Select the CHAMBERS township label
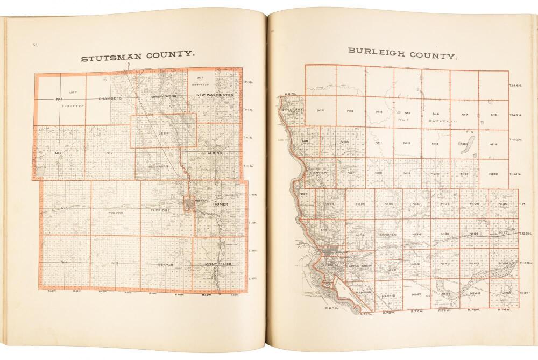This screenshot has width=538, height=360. click(110, 98)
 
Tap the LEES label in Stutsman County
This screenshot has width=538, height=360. click(164, 132)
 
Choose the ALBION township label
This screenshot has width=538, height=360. click(214, 153)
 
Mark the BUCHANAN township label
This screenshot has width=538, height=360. click(159, 166)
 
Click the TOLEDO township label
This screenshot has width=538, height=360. click(116, 213)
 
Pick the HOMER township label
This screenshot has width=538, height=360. click(221, 204)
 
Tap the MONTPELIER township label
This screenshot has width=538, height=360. click(218, 264)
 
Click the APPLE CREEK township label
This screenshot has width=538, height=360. click(361, 266)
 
